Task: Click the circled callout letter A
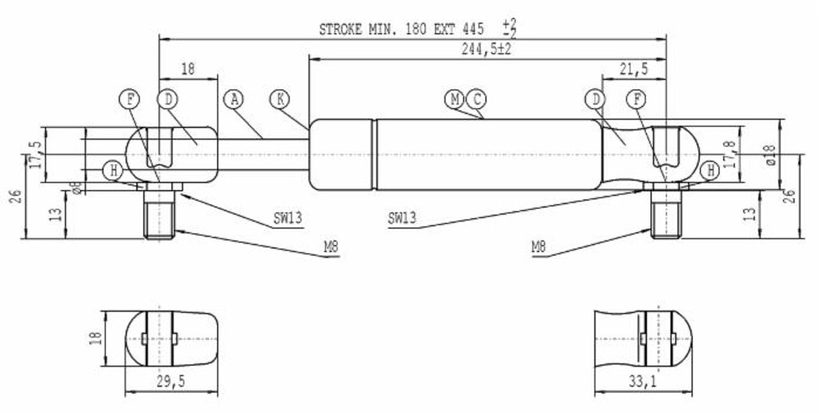tap(235, 100)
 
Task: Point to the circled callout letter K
tap(280, 100)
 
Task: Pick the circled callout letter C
tap(476, 100)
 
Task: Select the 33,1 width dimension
tap(644, 379)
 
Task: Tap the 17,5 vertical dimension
tap(34, 154)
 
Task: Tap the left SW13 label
tap(288, 218)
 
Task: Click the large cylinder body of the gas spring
tap(484, 154)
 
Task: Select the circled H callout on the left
tap(113, 170)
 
